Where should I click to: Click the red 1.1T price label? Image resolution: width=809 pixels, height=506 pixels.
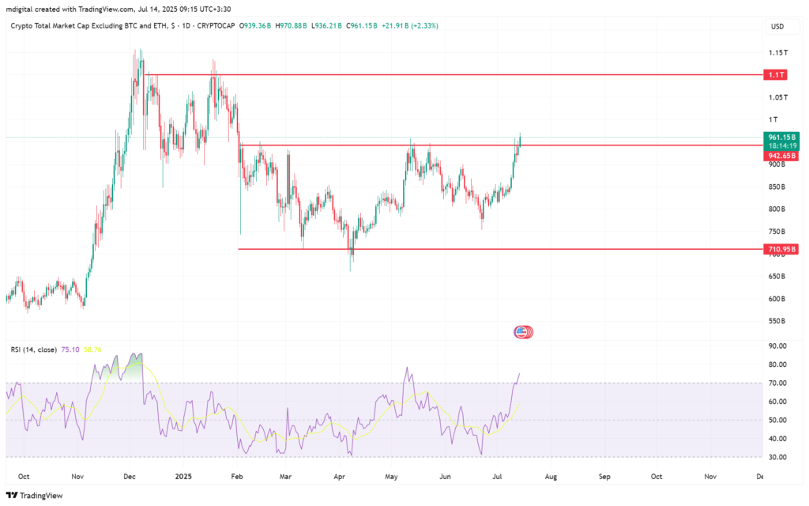click(x=773, y=74)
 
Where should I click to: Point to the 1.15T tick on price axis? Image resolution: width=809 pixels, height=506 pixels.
click(x=777, y=53)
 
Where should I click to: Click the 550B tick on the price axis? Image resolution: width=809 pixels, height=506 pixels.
click(x=777, y=321)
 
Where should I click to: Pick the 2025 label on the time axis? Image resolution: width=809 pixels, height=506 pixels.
click(x=183, y=477)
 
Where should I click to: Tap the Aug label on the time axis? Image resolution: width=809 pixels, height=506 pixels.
click(x=551, y=477)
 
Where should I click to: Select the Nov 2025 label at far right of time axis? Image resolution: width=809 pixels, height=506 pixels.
click(x=709, y=477)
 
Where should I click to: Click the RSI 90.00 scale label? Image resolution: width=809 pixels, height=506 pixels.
click(x=777, y=346)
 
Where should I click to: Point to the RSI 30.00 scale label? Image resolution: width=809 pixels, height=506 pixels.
click(x=777, y=457)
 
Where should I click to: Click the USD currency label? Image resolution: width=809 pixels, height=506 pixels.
click(x=777, y=26)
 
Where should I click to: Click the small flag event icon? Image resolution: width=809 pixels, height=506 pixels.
click(x=522, y=332)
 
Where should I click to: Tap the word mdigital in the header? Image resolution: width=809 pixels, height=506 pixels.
click(x=24, y=8)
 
